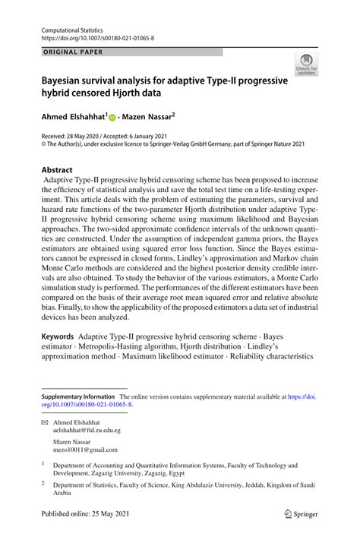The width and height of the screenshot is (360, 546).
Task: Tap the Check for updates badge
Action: tap(306, 66)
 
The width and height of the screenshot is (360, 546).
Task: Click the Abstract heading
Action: tap(57, 170)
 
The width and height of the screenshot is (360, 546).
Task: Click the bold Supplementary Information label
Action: tap(77, 396)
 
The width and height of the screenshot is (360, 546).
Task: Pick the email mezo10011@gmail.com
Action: tap(82, 449)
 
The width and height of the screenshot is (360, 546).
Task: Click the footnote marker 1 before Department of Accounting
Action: tap(43, 464)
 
